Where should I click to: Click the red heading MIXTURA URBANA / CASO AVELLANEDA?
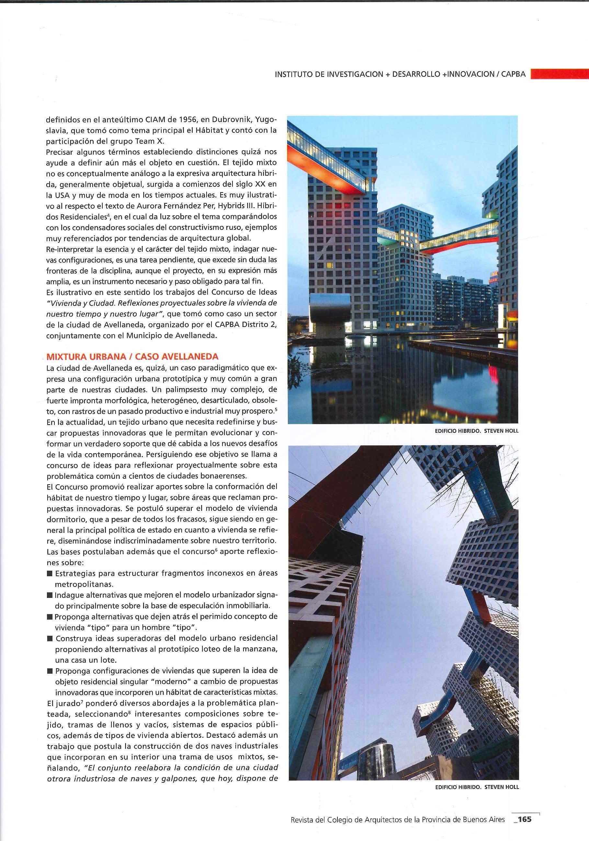[133, 356]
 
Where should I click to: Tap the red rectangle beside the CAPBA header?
[559, 74]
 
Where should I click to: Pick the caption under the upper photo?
[477, 431]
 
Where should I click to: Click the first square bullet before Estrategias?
[50, 573]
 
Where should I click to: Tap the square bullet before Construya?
[50, 638]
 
